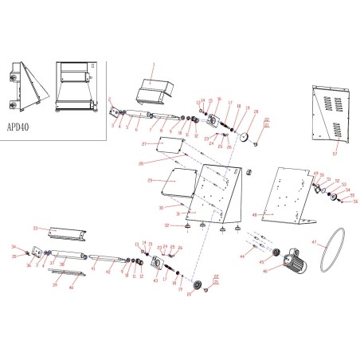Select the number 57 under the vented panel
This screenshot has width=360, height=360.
[x=335, y=151]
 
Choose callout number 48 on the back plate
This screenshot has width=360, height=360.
[x=254, y=215]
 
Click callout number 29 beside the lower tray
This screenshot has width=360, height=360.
[x=150, y=181]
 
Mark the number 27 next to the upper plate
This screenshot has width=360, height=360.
[x=143, y=144]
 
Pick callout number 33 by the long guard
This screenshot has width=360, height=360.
[x=35, y=228]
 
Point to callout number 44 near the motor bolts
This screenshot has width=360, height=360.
[x=241, y=257]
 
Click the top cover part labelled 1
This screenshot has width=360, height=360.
[x=155, y=88]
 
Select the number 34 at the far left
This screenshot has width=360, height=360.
[x=14, y=247]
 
